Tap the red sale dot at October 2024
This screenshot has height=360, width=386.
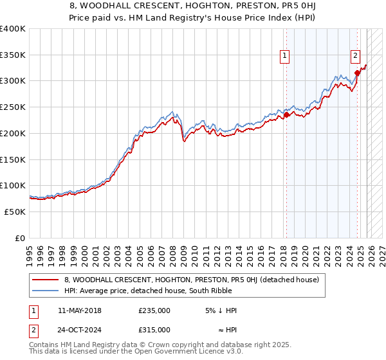(x=357, y=73)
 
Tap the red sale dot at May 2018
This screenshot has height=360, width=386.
(x=286, y=115)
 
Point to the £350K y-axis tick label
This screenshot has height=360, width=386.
(x=13, y=55)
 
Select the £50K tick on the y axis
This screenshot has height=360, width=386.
(x=15, y=212)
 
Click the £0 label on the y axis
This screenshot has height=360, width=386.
(x=21, y=238)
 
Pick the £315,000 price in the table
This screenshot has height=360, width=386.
(x=154, y=330)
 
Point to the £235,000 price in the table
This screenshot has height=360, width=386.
(x=154, y=310)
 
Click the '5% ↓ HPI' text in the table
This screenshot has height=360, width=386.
(x=221, y=310)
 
